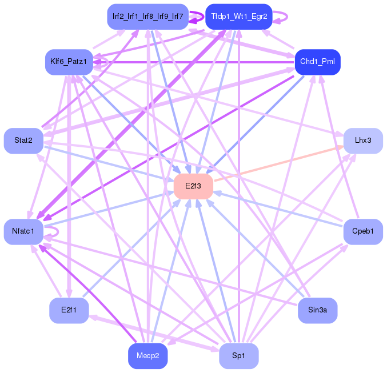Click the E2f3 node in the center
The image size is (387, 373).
[x=193, y=186]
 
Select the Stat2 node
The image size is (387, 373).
[x=23, y=141]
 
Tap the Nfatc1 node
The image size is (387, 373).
[x=23, y=231]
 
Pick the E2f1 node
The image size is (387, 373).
[x=69, y=310]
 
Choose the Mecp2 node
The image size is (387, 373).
[x=148, y=356]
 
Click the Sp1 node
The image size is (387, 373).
[x=239, y=356]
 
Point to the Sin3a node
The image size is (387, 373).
[x=318, y=310]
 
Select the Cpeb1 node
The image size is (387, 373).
[x=363, y=231]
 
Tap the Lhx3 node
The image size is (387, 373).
[x=363, y=141]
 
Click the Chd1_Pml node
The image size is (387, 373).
[x=318, y=62]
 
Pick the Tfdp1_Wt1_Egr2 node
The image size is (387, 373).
[x=239, y=17]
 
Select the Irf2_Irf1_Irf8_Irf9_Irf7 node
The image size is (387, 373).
[x=148, y=17]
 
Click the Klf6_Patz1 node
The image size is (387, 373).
[x=69, y=62]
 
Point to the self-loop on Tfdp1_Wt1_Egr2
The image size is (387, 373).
[x=287, y=17]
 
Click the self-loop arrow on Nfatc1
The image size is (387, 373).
[x=58, y=232]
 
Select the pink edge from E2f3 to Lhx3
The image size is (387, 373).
[x=278, y=163]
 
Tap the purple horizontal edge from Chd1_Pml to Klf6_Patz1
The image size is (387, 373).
[x=194, y=62]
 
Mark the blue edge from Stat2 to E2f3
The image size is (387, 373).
[x=109, y=163]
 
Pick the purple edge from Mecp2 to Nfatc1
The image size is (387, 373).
[x=87, y=294]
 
